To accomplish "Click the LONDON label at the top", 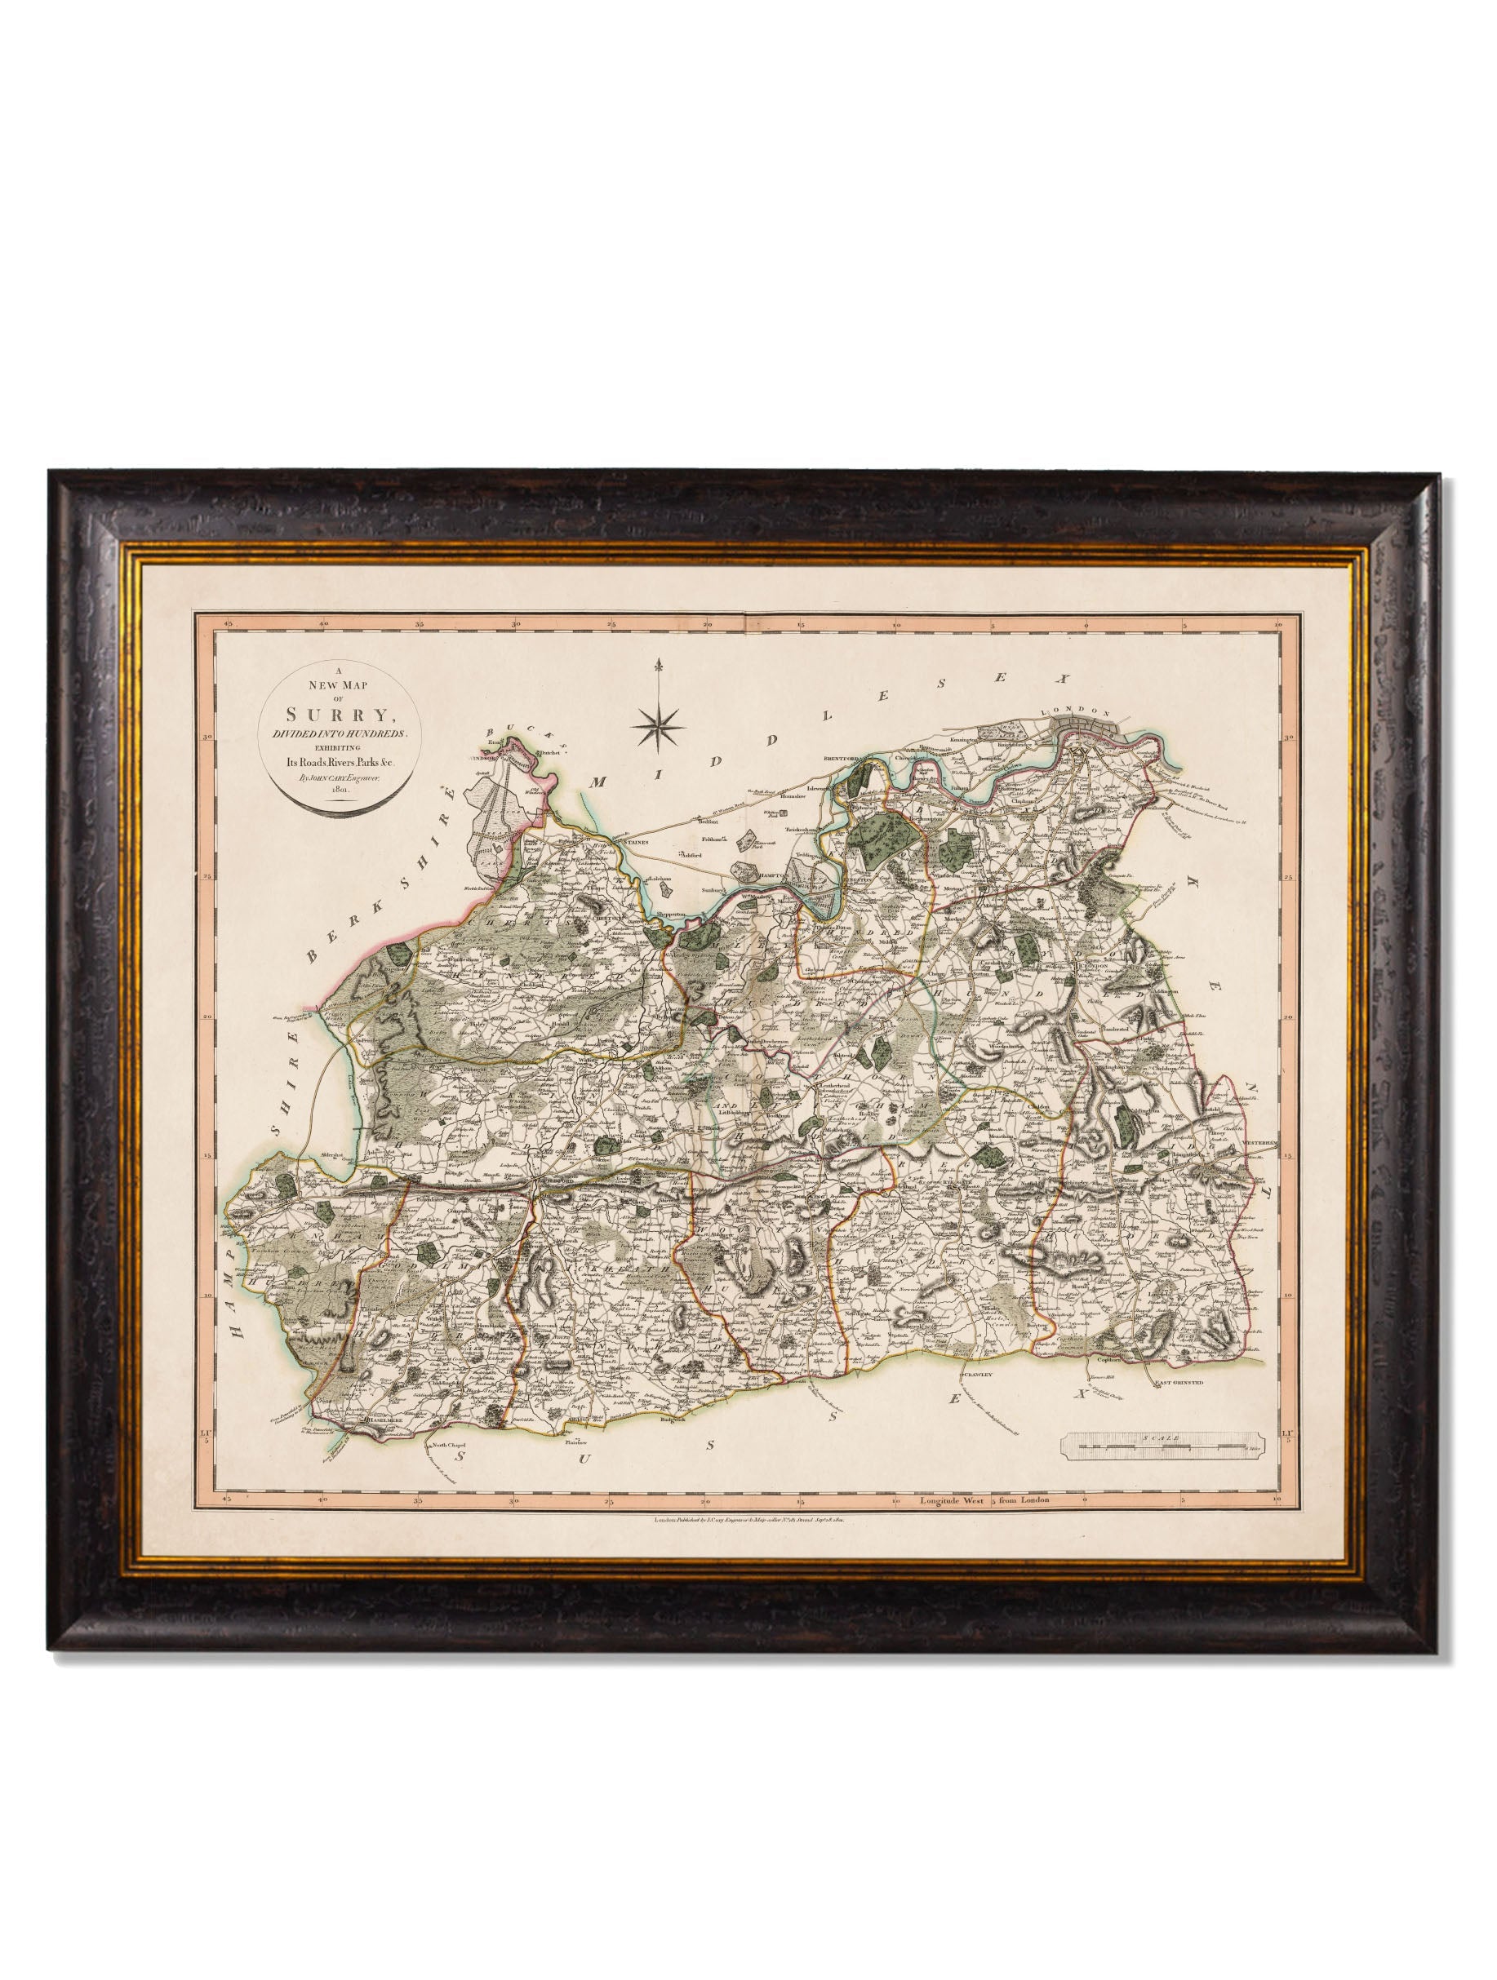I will pos(1081,687).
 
